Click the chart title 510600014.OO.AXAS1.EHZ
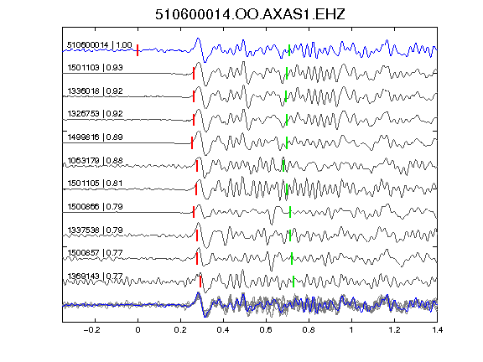tap(250, 14)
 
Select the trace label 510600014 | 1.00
tap(100, 45)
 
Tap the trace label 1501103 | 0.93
tap(95, 67)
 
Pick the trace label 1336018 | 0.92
tap(95, 90)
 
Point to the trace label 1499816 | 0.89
tap(95, 137)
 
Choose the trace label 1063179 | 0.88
tap(95, 160)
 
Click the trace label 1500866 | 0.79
tap(95, 206)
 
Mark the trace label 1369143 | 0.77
tap(95, 276)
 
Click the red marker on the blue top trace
tap(138, 50)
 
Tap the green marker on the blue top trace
tap(289, 50)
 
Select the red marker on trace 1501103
tap(194, 73)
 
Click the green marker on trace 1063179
tap(283, 166)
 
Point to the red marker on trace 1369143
tap(200, 282)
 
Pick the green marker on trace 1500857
tap(292, 258)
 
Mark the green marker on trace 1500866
tap(290, 212)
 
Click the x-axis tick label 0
tap(138, 330)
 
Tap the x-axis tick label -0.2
tap(92, 330)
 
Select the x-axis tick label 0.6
tap(266, 330)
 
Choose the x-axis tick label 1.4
tap(438, 330)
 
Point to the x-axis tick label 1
tap(351, 330)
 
